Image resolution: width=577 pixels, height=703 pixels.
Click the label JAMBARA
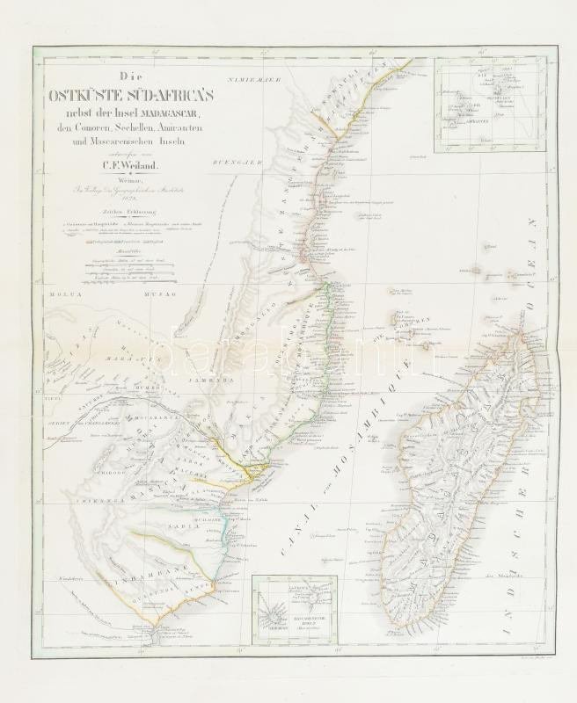(x=209, y=380)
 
